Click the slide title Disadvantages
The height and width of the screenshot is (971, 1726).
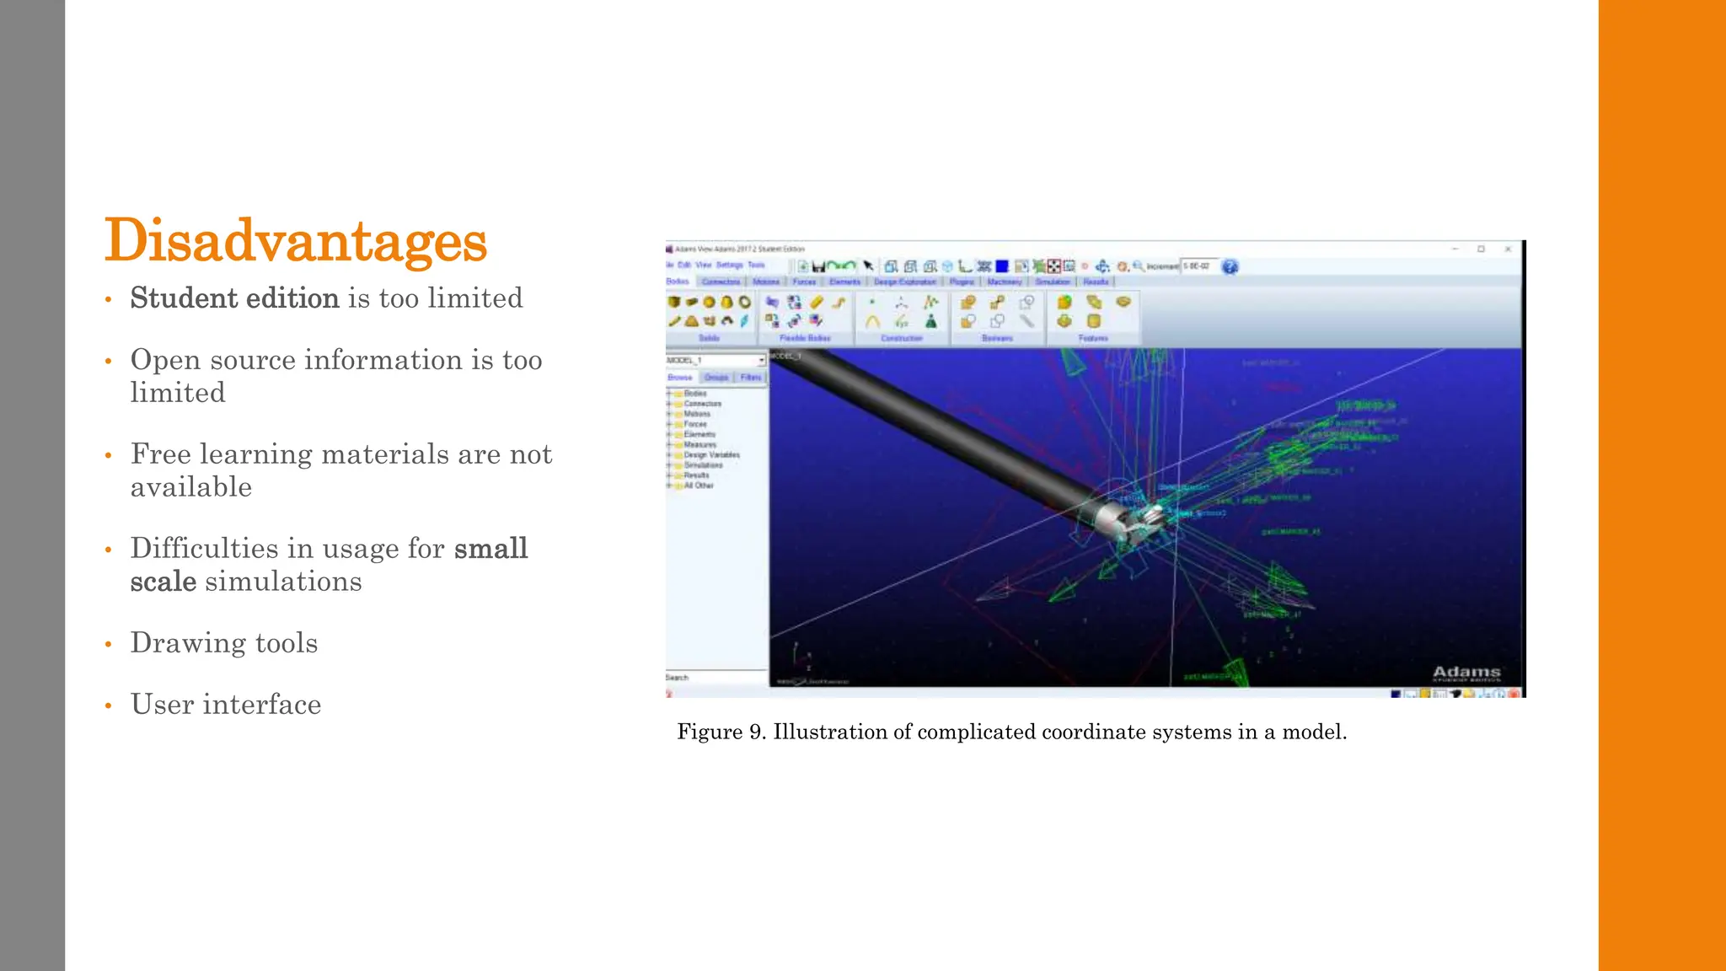[x=296, y=241]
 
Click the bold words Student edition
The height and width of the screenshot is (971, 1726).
[x=234, y=298]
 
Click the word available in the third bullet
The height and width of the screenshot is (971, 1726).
[x=191, y=487]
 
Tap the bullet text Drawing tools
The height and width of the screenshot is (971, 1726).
[x=224, y=643]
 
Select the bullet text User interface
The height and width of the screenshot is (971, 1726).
[x=226, y=705]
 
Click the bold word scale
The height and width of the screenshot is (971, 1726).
[x=163, y=582]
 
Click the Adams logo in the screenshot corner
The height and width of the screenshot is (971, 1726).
[x=1466, y=673]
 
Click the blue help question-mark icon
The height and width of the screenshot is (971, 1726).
[x=1230, y=267]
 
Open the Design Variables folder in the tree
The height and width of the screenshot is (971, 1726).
[x=710, y=455]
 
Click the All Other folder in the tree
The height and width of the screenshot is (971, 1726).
[x=698, y=485]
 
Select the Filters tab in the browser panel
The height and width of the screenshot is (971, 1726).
[x=750, y=378]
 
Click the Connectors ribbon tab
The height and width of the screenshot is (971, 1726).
[x=721, y=282]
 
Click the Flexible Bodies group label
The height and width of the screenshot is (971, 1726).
[x=805, y=338]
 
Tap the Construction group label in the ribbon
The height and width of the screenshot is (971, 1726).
[x=902, y=338]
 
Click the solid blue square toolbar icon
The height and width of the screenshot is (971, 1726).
[x=1001, y=266]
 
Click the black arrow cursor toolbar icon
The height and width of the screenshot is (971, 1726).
[x=868, y=266]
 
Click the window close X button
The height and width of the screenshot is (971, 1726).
[x=1508, y=249]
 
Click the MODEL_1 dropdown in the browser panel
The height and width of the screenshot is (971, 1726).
[x=716, y=361]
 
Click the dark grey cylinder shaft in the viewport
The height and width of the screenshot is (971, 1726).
[x=927, y=421]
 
